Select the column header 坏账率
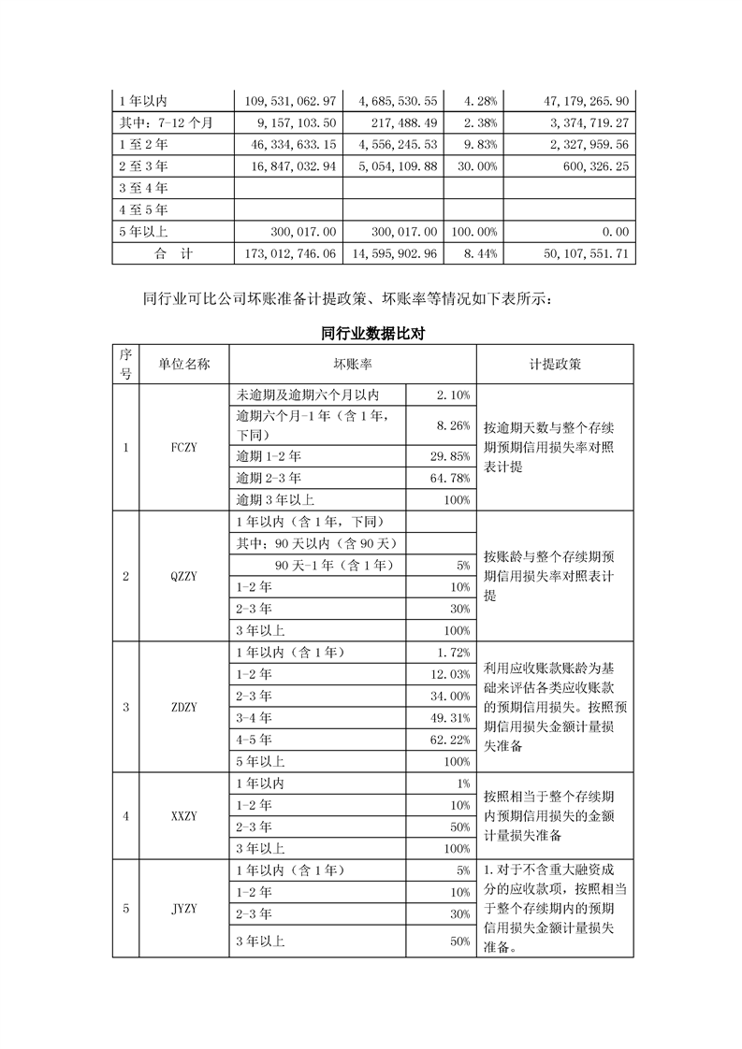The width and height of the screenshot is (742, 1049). (x=353, y=364)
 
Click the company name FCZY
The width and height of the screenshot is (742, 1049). (x=184, y=447)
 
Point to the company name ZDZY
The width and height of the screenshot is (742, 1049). (x=184, y=707)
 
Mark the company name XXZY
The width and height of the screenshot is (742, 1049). (x=184, y=815)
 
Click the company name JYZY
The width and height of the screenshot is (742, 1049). (x=184, y=908)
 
